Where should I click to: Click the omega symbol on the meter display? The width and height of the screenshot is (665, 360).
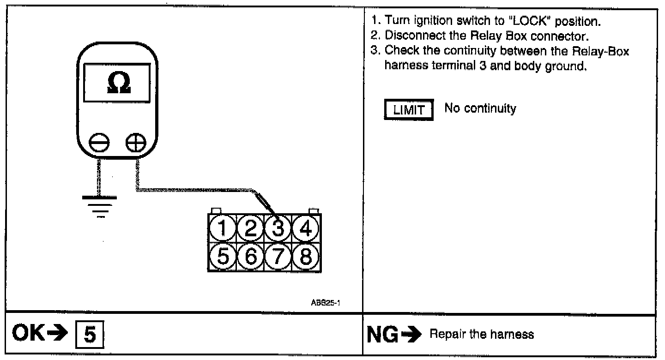(118, 82)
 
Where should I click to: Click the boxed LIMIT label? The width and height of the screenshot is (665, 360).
(408, 111)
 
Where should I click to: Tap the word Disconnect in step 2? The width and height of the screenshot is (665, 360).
(407, 35)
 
